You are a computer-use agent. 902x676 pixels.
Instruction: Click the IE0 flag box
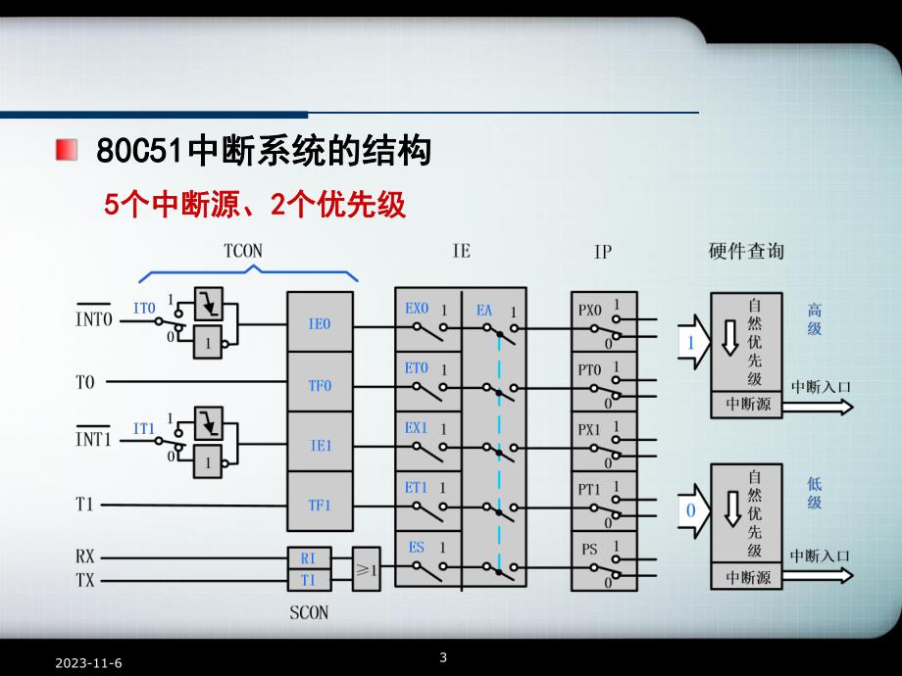(320, 323)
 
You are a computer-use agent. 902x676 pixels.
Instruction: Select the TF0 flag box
(320, 385)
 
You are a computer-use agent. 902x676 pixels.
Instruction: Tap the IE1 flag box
(320, 445)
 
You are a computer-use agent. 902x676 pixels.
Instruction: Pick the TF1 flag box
(320, 506)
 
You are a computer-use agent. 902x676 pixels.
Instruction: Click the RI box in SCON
(309, 557)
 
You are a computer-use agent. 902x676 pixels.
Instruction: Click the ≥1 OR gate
(366, 568)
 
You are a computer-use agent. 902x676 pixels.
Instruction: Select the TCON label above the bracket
(243, 251)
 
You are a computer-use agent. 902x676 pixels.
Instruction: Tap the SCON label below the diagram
(310, 613)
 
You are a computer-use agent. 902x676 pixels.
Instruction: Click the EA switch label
(484, 310)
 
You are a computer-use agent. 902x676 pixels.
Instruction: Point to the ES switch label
(416, 547)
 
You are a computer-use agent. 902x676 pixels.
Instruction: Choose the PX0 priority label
(589, 311)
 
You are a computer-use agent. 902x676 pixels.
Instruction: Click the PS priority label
(588, 548)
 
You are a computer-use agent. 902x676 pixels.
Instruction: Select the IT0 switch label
(144, 308)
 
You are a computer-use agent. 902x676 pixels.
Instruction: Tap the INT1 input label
(94, 438)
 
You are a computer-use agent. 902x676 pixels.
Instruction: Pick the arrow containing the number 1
(692, 343)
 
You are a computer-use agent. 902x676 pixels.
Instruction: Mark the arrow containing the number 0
(692, 510)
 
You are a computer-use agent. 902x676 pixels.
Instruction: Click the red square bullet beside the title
(67, 151)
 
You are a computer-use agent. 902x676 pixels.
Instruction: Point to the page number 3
(443, 656)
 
